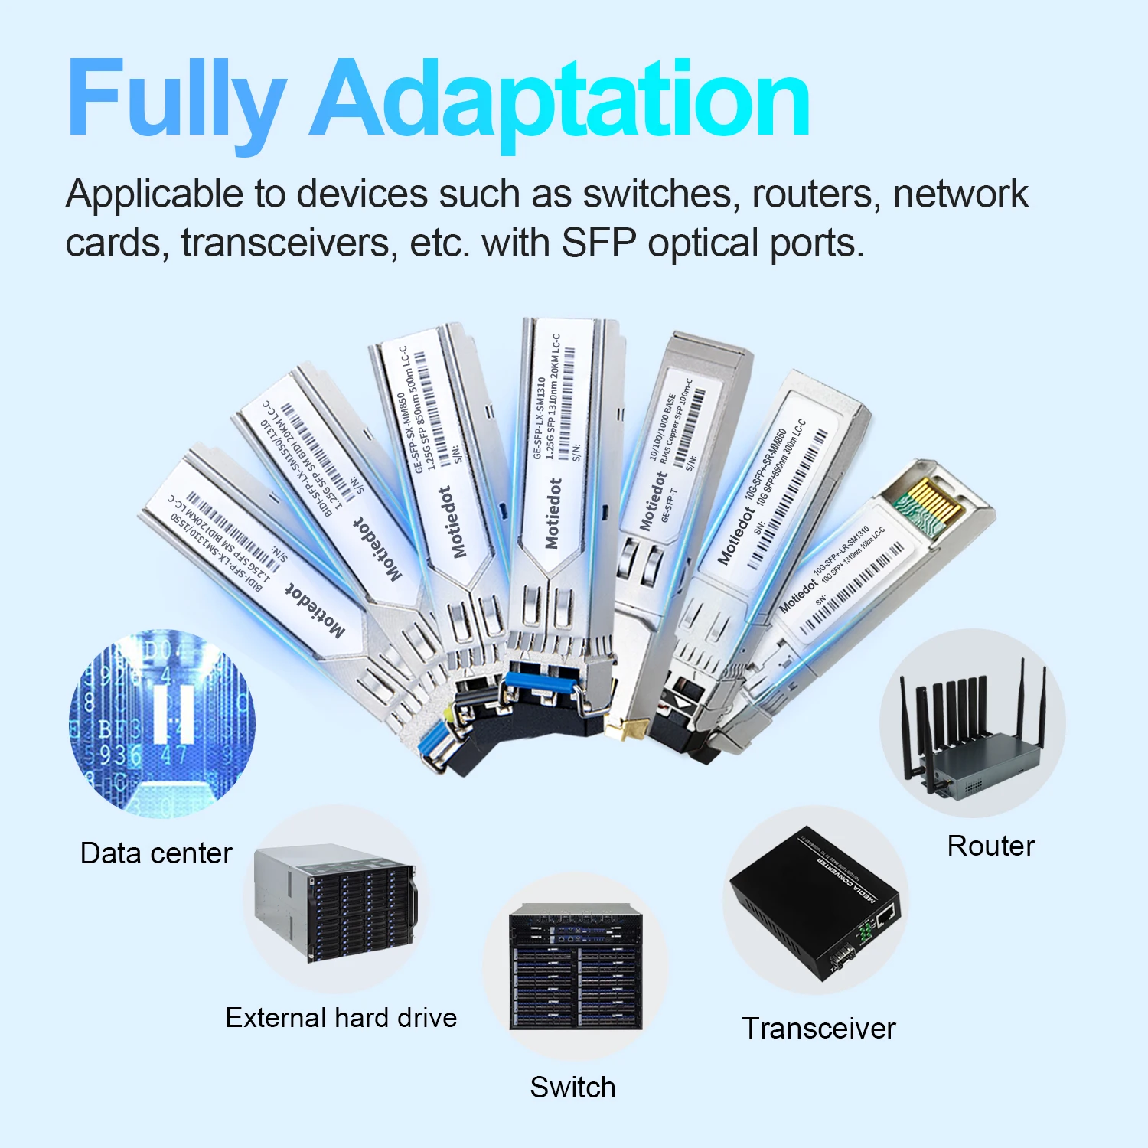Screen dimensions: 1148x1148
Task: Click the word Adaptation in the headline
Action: tap(560, 99)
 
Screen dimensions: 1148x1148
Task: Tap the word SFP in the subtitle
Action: tap(599, 243)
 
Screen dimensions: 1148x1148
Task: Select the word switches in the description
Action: tap(660, 194)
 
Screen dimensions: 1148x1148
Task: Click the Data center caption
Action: tap(156, 853)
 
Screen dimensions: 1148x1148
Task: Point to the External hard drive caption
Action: tap(341, 1017)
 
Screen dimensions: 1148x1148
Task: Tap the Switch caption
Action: tap(572, 1087)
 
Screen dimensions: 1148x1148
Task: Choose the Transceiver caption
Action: tap(818, 1028)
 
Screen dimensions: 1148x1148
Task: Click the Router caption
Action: tap(990, 846)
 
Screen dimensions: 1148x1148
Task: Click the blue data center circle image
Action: tap(162, 723)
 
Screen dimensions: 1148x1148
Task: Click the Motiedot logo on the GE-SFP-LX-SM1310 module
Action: tap(553, 514)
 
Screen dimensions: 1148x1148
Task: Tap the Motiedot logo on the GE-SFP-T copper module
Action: tap(652, 501)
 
